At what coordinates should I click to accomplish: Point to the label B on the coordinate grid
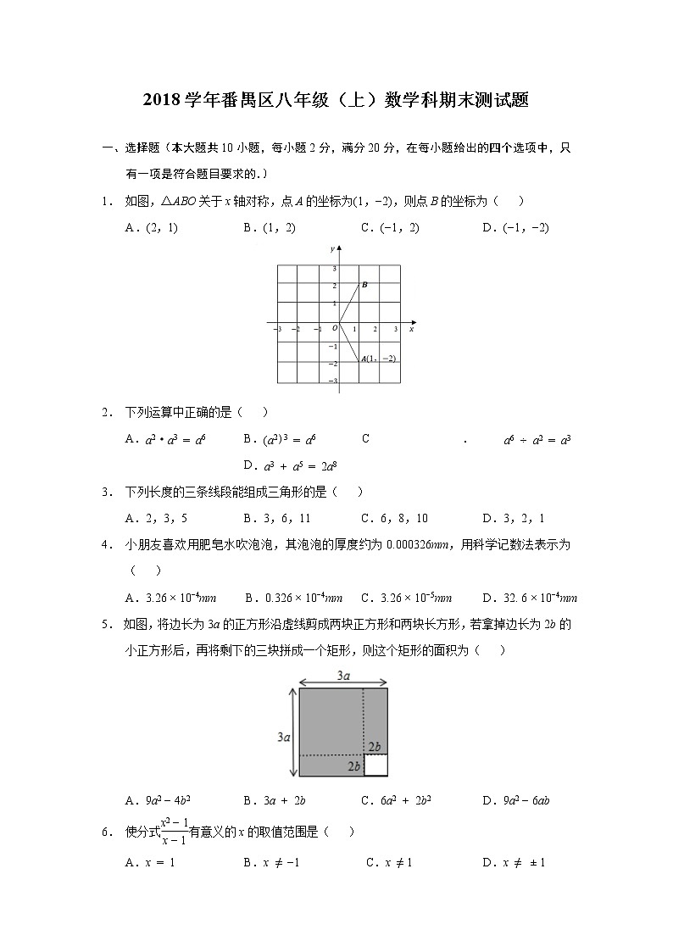(364, 285)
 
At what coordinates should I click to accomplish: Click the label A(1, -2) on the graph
(378, 359)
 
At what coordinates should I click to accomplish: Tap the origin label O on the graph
(333, 328)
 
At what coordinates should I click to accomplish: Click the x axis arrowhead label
(411, 329)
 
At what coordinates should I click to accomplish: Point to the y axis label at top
(331, 248)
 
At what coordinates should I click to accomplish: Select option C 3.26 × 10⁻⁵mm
(406, 597)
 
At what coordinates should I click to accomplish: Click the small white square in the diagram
(375, 765)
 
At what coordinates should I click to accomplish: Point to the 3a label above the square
(344, 676)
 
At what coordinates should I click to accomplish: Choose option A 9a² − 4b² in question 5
(156, 800)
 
